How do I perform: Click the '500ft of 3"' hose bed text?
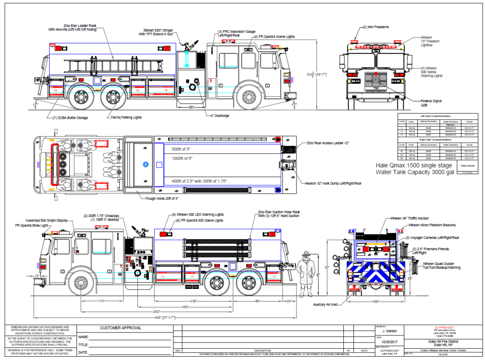[180, 149]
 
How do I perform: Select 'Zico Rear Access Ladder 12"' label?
[327, 143]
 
